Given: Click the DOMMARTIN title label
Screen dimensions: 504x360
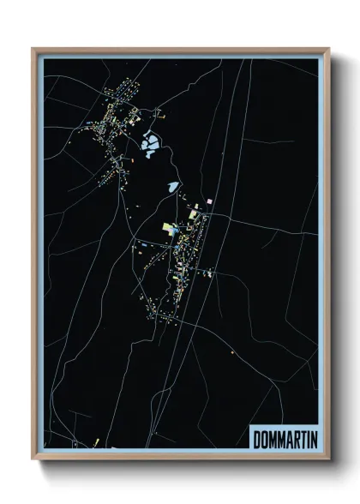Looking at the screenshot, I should click(x=284, y=438).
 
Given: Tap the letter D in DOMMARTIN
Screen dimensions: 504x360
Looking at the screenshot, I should click(x=257, y=438).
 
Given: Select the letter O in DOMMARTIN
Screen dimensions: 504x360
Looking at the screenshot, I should click(x=264, y=438).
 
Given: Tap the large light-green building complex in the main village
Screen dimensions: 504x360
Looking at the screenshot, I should click(x=169, y=229).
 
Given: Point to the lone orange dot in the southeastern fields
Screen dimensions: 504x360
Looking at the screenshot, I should click(x=233, y=351).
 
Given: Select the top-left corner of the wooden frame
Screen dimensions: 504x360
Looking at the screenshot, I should click(x=33, y=49).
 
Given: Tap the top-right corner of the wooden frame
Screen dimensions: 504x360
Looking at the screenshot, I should click(x=330, y=49).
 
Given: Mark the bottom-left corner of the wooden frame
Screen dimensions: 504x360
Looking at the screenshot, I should click(x=33, y=460).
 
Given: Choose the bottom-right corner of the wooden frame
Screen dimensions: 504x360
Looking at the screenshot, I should click(x=330, y=460).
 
